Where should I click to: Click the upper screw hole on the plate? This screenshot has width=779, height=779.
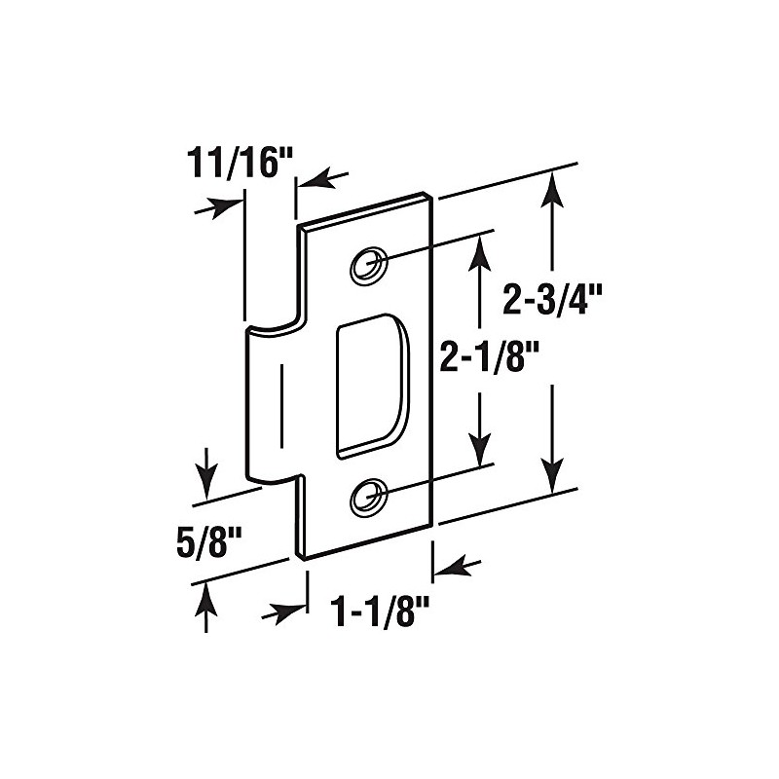coord(368,263)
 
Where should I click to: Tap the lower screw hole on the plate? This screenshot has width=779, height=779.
coord(367,498)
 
